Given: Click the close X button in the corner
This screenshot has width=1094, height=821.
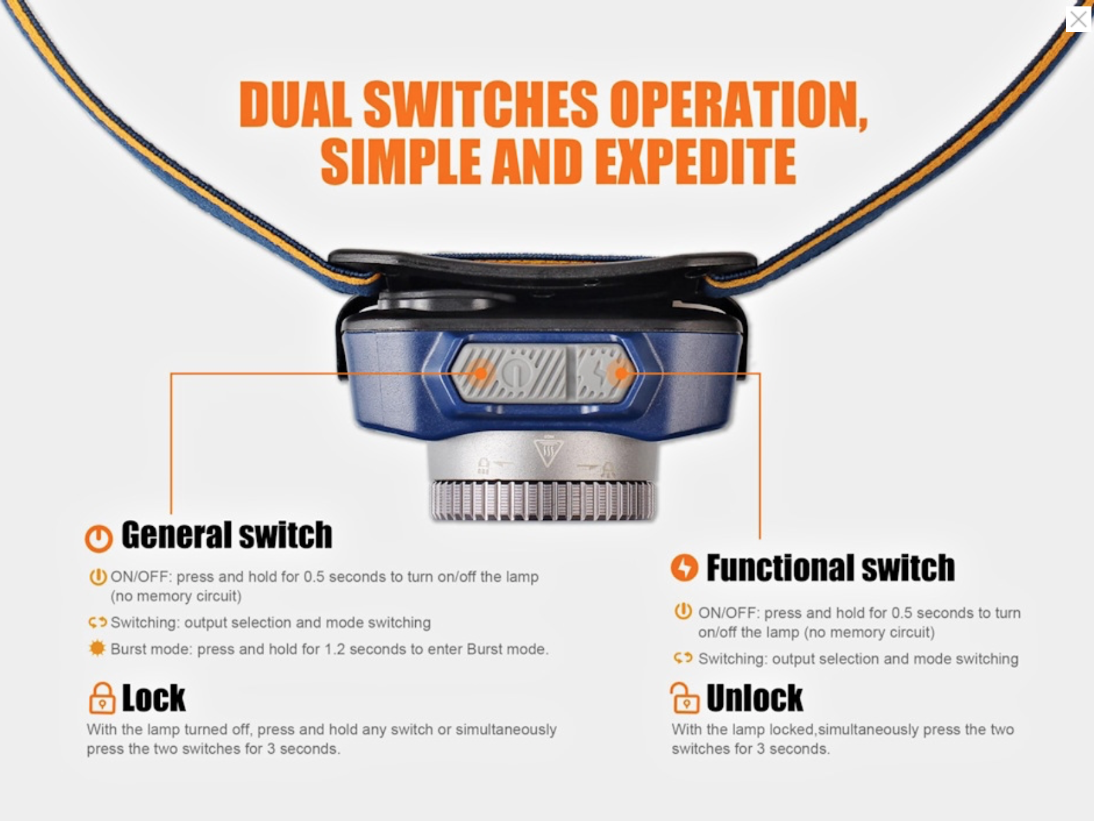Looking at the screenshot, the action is click(1079, 19).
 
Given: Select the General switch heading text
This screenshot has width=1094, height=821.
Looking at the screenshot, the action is click(226, 535).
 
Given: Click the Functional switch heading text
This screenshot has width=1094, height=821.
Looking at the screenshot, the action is click(830, 568).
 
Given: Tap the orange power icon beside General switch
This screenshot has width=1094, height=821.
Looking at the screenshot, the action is click(99, 538).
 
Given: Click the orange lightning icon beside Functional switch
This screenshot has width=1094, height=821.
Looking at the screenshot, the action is click(684, 567).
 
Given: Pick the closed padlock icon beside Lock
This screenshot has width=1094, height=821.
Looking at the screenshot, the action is click(102, 698).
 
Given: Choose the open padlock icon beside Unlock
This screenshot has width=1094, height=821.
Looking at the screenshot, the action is click(685, 698).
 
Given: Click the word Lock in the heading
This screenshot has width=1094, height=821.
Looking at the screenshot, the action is click(154, 698).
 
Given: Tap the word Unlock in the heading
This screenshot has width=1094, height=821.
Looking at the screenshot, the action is click(755, 698).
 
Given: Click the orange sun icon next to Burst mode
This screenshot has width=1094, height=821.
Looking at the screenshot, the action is click(97, 648).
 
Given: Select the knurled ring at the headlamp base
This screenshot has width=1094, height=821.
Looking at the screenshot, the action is click(543, 500).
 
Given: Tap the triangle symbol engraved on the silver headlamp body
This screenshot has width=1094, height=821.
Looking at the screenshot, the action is click(548, 451).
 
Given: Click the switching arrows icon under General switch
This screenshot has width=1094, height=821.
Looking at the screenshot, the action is click(97, 622).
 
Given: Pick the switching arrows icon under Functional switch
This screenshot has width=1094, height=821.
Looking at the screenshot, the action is click(683, 658).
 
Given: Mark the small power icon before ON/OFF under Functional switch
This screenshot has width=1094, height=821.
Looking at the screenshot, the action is click(683, 611).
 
